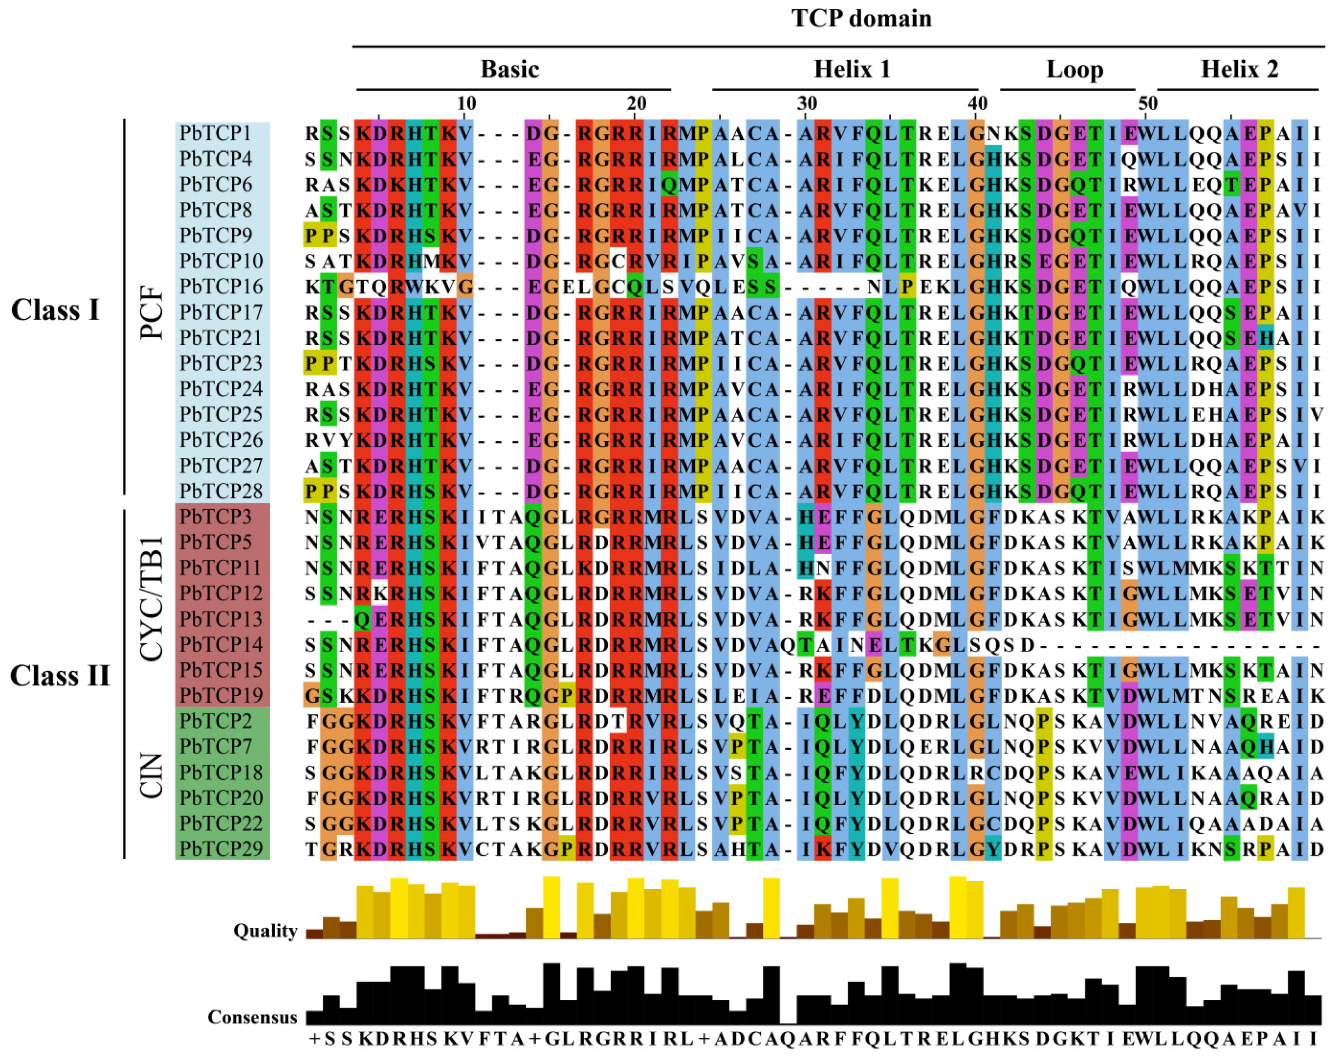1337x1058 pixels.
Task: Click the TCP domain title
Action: (861, 19)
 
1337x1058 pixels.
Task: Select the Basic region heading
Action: (509, 69)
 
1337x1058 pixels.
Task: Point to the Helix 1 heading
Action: (852, 69)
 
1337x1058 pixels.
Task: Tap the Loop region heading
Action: (1075, 69)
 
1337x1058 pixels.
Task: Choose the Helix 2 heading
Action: (1239, 69)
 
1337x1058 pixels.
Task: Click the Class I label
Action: (55, 310)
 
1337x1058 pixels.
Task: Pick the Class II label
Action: (60, 675)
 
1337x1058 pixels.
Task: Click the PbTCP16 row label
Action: (221, 287)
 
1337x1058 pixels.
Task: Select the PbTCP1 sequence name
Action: (216, 134)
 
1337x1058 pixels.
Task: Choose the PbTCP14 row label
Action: (221, 644)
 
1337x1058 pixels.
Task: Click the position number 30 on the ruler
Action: (806, 103)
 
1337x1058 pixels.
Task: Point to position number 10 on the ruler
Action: (466, 103)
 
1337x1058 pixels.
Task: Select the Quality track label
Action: (265, 931)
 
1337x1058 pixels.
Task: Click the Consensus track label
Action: (252, 1017)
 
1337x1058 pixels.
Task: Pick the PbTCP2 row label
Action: (216, 721)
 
